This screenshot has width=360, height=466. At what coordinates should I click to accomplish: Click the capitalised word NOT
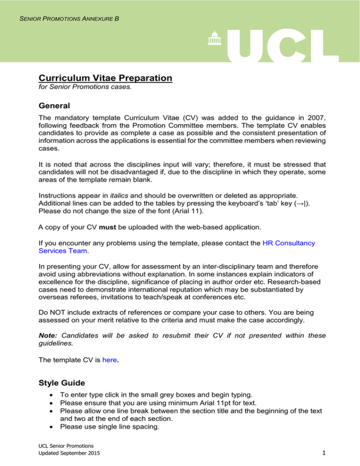(60, 311)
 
